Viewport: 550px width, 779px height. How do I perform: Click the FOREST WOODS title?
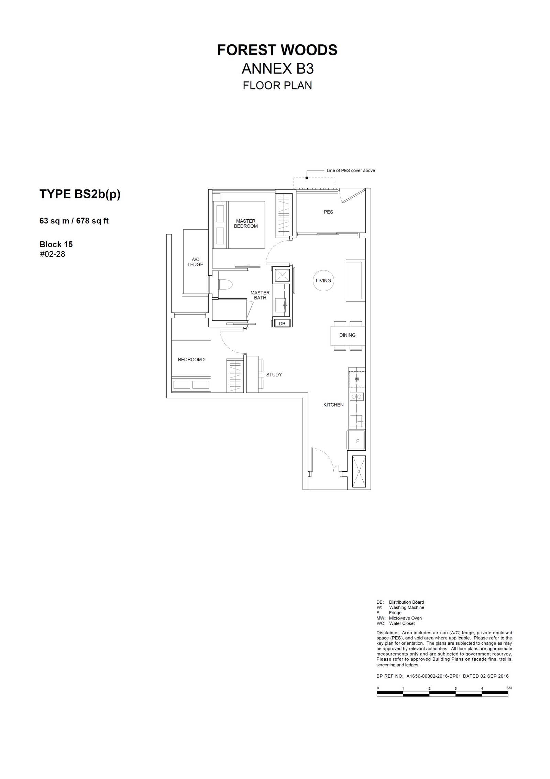pyautogui.click(x=277, y=50)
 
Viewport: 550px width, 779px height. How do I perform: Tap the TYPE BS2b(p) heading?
pyautogui.click(x=80, y=194)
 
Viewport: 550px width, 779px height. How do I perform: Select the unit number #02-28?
pyautogui.click(x=52, y=254)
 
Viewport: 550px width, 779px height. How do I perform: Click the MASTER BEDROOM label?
pyautogui.click(x=246, y=224)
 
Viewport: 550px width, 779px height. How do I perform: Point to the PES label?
pyautogui.click(x=328, y=212)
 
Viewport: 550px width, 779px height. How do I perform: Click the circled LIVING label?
pyautogui.click(x=323, y=281)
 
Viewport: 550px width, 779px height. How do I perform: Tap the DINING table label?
pyautogui.click(x=347, y=335)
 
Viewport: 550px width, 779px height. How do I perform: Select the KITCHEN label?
pyautogui.click(x=333, y=405)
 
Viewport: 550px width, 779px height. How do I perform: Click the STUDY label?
pyautogui.click(x=274, y=375)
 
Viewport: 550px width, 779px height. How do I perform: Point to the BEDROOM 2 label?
pyautogui.click(x=191, y=360)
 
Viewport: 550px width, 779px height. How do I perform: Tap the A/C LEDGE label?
pyautogui.click(x=195, y=262)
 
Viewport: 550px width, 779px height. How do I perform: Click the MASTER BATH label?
pyautogui.click(x=260, y=295)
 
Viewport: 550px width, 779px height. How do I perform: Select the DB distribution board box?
pyautogui.click(x=282, y=323)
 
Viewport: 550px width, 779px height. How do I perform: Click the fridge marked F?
pyautogui.click(x=357, y=441)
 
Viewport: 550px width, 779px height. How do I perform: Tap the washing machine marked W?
pyautogui.click(x=357, y=379)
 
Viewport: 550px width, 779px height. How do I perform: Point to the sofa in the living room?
pyautogui.click(x=354, y=281)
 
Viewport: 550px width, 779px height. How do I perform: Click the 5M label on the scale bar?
pyautogui.click(x=509, y=688)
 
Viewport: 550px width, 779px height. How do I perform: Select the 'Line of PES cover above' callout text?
pyautogui.click(x=351, y=171)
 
